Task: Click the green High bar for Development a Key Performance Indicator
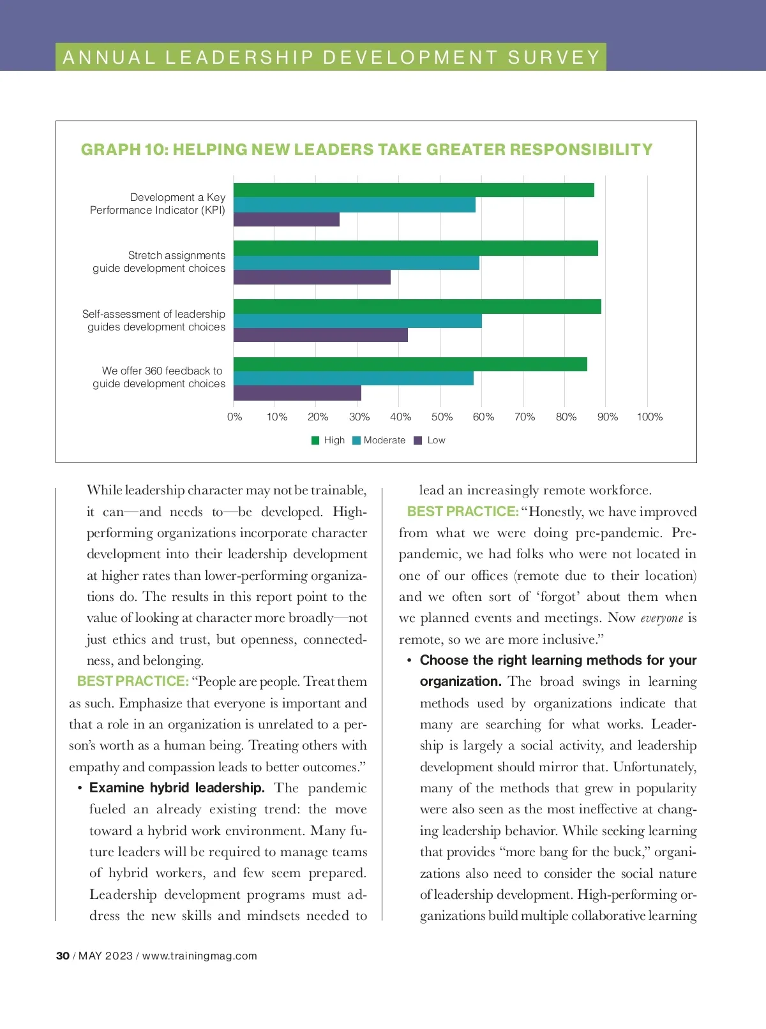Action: (x=414, y=190)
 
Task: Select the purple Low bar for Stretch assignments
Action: (x=312, y=277)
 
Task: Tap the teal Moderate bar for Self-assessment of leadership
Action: (x=357, y=321)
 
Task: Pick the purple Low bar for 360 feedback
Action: (x=297, y=393)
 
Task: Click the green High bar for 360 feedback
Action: (x=410, y=364)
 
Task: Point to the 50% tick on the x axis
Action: (x=442, y=417)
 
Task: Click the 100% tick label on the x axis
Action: (x=649, y=417)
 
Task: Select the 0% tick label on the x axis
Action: (x=234, y=417)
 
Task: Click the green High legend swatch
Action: (x=315, y=440)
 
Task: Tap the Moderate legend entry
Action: (x=384, y=440)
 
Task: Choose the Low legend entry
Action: (x=436, y=440)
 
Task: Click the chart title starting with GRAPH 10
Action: (x=366, y=149)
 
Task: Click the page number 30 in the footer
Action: (x=63, y=956)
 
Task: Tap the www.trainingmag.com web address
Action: (x=199, y=956)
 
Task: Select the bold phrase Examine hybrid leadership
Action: (x=177, y=788)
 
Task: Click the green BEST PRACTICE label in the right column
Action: (x=463, y=512)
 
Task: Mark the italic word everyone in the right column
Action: (x=661, y=618)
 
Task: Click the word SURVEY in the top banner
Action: (x=554, y=57)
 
